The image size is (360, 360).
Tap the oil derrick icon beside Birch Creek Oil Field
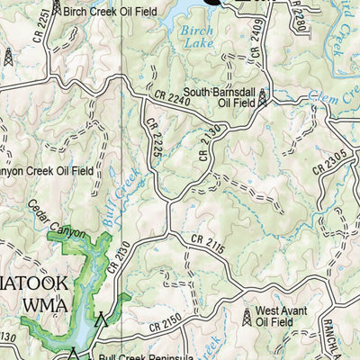coord(57,8)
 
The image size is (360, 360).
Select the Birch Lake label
coord(195,37)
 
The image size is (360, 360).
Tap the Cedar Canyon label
coord(57,219)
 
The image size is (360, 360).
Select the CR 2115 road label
coord(208,243)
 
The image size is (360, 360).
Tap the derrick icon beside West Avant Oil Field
coord(247,316)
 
